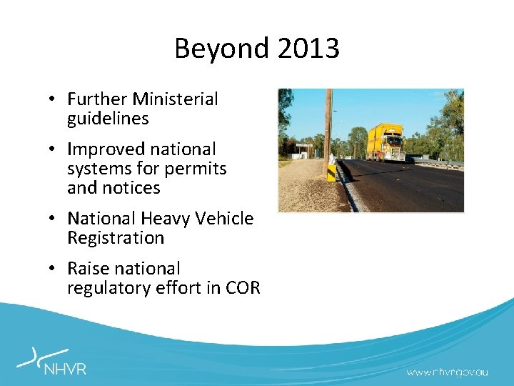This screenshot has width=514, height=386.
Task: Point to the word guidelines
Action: point(108,118)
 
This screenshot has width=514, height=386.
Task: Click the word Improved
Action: point(101,149)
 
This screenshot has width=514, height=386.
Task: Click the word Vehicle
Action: point(224,218)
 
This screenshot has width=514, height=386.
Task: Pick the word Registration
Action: point(116,237)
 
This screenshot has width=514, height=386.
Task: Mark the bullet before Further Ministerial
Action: point(54,99)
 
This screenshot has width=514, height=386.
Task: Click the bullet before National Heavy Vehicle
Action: point(54,219)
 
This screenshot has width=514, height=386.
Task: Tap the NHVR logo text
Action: point(65,369)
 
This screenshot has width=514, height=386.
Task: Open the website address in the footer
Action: point(448,372)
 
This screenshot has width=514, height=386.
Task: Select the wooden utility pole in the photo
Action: point(328,129)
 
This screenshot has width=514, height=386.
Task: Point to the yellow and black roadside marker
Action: point(331,172)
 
